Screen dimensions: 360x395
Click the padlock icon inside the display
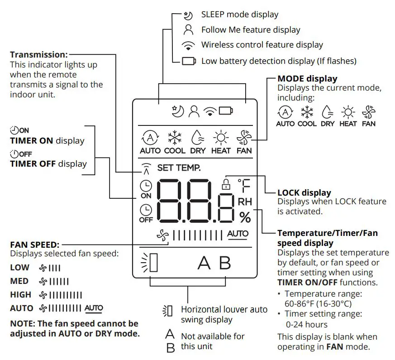point(224,184)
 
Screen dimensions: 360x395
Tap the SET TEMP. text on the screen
point(179,168)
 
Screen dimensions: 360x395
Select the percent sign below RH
point(245,218)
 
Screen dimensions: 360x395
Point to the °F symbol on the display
point(244,186)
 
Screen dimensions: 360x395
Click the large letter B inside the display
point(224,263)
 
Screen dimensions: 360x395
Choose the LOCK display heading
point(304,193)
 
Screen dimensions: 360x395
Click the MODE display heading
point(307,79)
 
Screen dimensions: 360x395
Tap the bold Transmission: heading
point(38,54)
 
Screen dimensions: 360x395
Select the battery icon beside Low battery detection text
point(189,61)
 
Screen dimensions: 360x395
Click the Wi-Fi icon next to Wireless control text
point(188,45)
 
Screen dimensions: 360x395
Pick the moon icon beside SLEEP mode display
point(188,15)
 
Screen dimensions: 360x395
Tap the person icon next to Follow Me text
point(188,30)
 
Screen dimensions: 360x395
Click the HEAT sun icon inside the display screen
point(221,137)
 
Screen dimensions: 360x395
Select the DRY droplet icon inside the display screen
point(198,137)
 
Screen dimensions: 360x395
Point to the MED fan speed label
point(19,281)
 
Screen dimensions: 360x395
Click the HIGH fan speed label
point(21,295)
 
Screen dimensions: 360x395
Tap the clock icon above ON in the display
point(146,186)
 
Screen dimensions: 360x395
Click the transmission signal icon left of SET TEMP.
point(145,168)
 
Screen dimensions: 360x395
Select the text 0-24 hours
point(306,324)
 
